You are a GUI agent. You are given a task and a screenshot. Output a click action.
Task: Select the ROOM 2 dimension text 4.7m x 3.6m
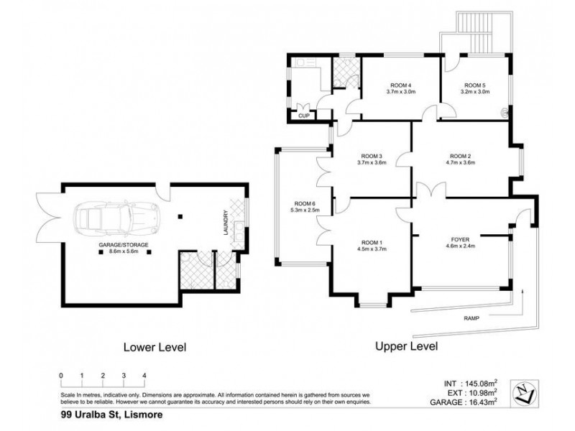tap(460, 163)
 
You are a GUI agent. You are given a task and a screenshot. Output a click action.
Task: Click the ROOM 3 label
tap(372, 156)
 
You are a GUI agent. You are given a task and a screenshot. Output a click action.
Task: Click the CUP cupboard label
tap(304, 116)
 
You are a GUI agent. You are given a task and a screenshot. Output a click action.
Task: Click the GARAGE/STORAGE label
tap(124, 245)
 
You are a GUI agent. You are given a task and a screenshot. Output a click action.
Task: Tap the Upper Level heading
tap(407, 346)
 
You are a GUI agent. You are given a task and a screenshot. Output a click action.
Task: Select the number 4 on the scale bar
tap(144, 376)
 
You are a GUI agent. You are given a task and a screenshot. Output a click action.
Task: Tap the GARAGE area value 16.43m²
tap(489, 404)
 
